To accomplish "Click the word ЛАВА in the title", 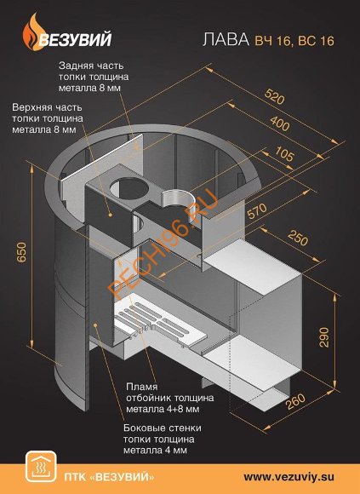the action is coord(226,40).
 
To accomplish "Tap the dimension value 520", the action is coord(274,96).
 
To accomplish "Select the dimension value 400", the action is coord(279,123).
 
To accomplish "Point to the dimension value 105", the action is coord(285,154).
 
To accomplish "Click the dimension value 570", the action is coord(257,210).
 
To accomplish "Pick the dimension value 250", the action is coord(297,237).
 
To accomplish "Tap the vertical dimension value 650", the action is coord(21,252).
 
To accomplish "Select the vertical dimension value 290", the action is coord(323,337).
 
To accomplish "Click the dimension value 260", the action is coord(296,401).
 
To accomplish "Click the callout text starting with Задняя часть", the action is coord(94,77).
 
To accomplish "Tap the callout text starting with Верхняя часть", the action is coord(48,118).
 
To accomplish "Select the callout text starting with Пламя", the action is coord(170,398).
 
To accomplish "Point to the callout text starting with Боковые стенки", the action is coord(163,439).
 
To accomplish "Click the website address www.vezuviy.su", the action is coord(289,476).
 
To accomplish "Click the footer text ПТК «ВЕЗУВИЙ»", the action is coord(109,477).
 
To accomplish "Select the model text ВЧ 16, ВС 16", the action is coord(294,41).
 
